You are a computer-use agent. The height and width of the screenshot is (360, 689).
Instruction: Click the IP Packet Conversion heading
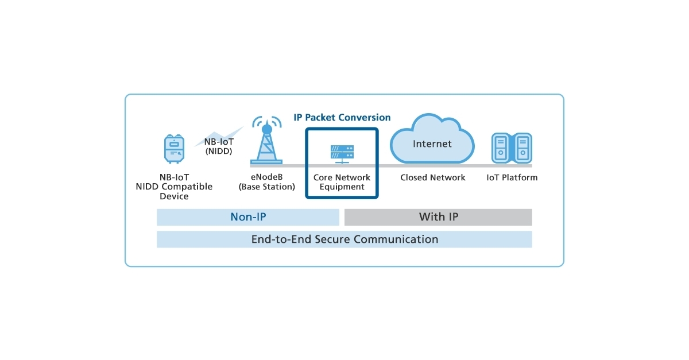[342, 117]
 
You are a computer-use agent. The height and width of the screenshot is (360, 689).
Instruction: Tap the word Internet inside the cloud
[432, 144]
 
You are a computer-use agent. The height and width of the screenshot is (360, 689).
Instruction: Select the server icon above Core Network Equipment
[342, 153]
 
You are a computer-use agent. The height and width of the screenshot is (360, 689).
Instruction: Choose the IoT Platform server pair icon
[512, 148]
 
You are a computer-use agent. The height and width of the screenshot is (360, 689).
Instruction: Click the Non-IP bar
[248, 217]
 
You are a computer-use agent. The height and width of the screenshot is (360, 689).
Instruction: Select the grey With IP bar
[438, 217]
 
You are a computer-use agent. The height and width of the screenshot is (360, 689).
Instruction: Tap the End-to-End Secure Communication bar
[344, 239]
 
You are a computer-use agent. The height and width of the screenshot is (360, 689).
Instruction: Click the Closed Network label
[432, 177]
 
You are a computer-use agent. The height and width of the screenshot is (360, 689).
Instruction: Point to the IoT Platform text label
[512, 177]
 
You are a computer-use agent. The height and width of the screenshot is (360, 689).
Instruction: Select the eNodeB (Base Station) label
[267, 182]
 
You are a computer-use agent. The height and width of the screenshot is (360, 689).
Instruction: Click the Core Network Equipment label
[342, 182]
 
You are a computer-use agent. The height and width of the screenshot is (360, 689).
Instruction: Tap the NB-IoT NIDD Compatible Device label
[174, 187]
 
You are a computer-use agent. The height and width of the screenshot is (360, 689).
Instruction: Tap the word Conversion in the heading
[364, 117]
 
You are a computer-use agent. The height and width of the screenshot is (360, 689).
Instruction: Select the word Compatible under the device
[187, 187]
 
